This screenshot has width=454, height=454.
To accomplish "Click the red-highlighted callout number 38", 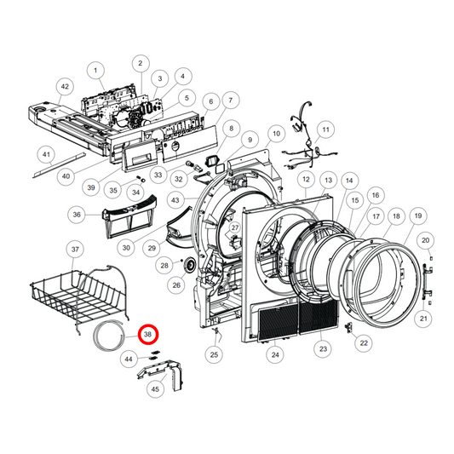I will [x=149, y=336].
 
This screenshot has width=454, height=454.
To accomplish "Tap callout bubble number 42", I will [x=66, y=87].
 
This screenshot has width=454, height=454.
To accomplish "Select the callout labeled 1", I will [x=96, y=70].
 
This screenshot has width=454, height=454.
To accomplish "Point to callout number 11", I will [x=325, y=129].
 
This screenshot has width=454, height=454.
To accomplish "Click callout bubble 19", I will [x=417, y=216].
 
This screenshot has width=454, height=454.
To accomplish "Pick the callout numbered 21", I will [x=423, y=319].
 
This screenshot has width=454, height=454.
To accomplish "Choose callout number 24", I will [x=275, y=353].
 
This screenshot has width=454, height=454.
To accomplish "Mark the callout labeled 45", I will [x=154, y=389].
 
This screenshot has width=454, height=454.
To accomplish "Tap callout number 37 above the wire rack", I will [x=75, y=250].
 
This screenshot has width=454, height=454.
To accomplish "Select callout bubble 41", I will [x=47, y=155].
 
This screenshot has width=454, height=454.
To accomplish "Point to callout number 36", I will [x=78, y=215].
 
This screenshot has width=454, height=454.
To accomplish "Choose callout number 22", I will [x=364, y=342].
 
